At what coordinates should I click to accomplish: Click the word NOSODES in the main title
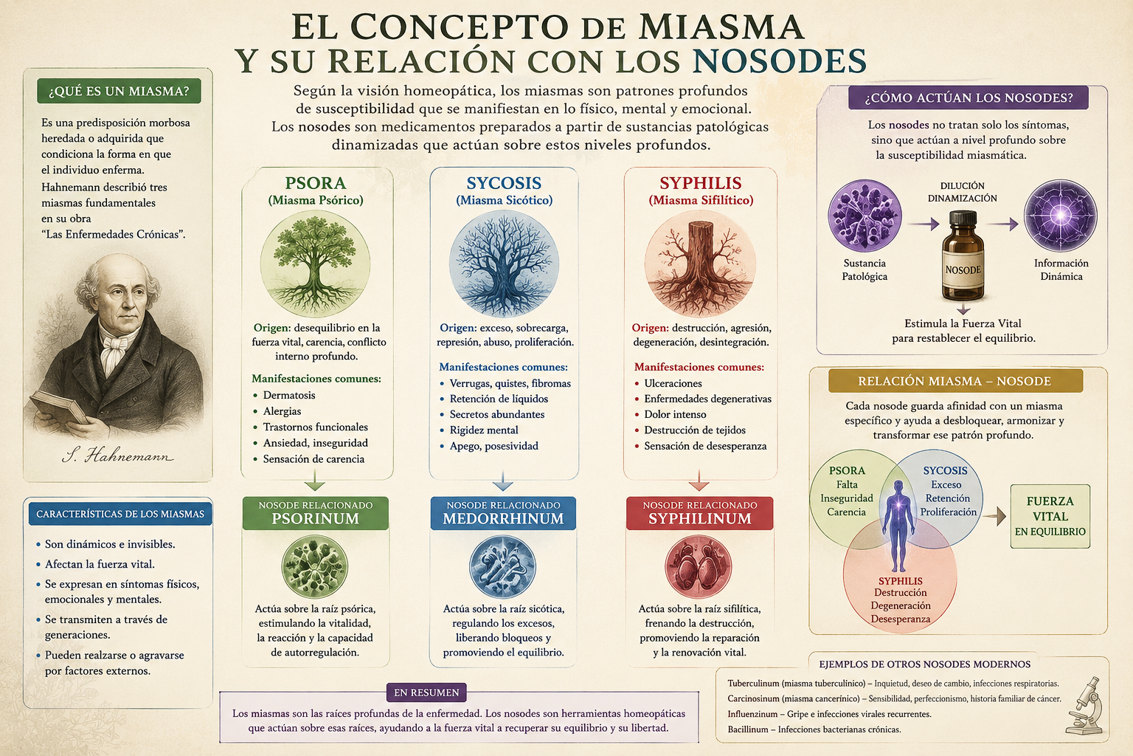(x=780, y=62)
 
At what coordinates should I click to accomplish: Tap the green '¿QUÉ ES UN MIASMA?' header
(x=119, y=91)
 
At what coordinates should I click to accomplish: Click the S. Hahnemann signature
(x=117, y=456)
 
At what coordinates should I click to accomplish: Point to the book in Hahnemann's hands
(x=59, y=407)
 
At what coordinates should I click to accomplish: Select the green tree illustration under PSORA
(x=315, y=264)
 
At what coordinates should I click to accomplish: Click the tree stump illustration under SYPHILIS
(x=700, y=264)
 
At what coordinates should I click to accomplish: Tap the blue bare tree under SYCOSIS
(x=504, y=264)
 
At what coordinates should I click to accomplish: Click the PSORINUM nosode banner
(x=315, y=513)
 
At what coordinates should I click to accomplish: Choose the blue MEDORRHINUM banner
(x=503, y=513)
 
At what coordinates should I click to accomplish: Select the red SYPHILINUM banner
(x=699, y=513)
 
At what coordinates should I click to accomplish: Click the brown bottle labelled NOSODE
(x=963, y=256)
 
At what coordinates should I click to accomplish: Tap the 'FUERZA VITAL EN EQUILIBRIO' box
(x=1050, y=516)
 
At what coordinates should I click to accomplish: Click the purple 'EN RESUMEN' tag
(x=426, y=693)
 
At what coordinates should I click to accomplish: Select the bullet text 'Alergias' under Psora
(x=282, y=411)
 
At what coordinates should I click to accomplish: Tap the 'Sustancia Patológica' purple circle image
(x=865, y=216)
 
